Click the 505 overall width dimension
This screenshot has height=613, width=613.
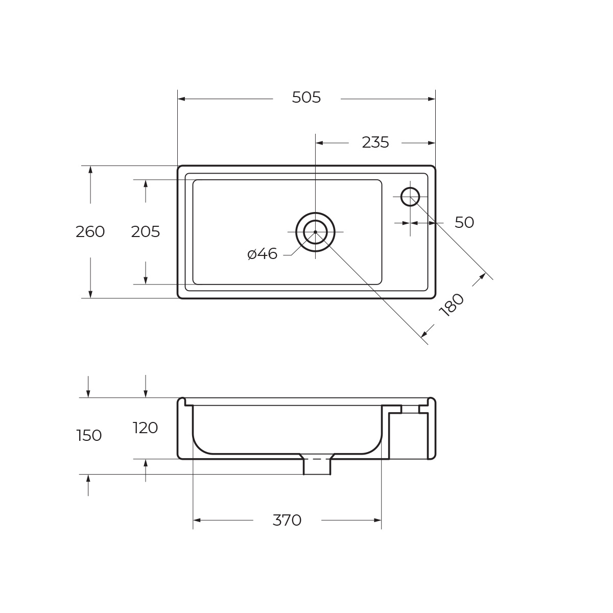click(306, 98)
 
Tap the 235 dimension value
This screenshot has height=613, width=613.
click(375, 143)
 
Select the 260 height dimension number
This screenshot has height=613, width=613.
click(90, 232)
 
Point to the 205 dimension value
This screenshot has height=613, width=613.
click(146, 232)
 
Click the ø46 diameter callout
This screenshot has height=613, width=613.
click(262, 254)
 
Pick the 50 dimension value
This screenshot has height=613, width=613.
click(464, 223)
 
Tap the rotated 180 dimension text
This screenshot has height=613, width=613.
click(452, 305)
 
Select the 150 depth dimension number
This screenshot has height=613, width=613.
click(89, 436)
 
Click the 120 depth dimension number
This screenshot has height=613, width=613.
click(146, 428)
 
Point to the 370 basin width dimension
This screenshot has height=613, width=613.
click(287, 521)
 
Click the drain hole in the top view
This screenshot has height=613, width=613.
click(315, 232)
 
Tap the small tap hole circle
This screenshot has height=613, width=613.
click(410, 197)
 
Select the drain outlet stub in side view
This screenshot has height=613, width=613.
click(317, 466)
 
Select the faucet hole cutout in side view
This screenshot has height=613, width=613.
click(410, 409)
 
